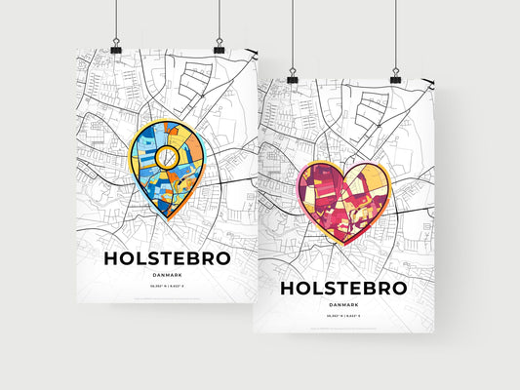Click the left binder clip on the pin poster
[x=116, y=48]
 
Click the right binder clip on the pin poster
[x=219, y=48]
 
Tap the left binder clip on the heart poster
[x=292, y=76]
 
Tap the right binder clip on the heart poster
[x=395, y=76]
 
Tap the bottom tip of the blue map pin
[x=168, y=217]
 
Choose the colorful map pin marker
[x=167, y=167]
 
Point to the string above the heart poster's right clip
[x=395, y=34]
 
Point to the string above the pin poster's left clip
[x=116, y=19]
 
